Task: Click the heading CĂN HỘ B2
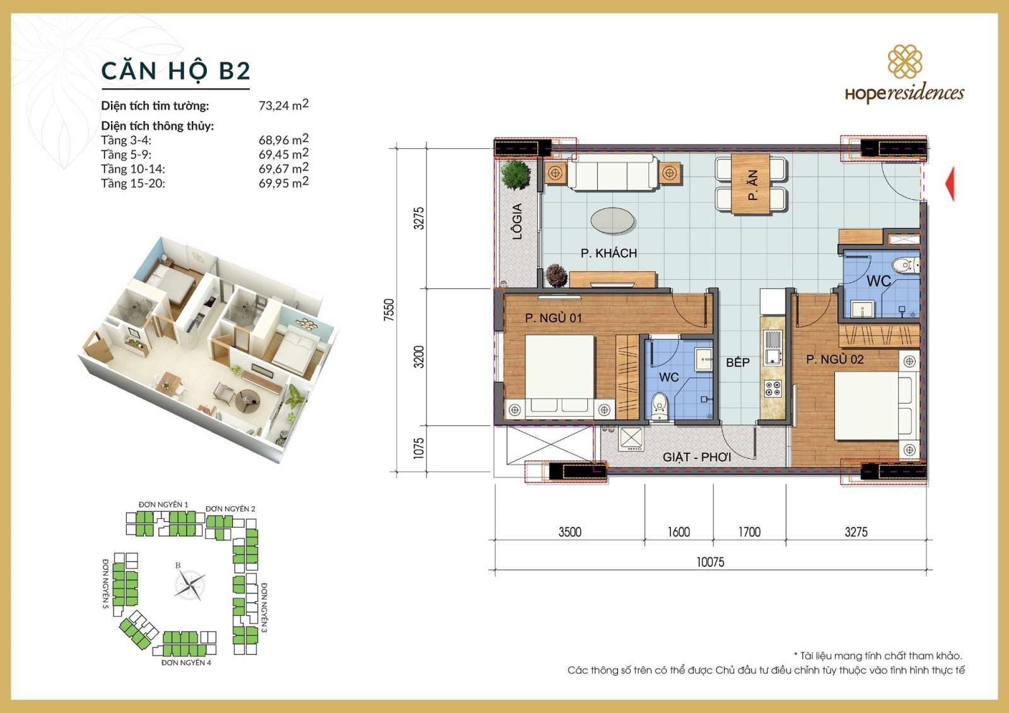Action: click(x=175, y=71)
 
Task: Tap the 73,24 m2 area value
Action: click(x=283, y=105)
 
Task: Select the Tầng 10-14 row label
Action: click(x=132, y=169)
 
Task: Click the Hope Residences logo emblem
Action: click(x=905, y=62)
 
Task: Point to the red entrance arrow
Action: click(x=950, y=183)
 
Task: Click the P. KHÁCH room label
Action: click(x=609, y=253)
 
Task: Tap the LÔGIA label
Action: click(x=517, y=221)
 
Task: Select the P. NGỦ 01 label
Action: click(x=553, y=318)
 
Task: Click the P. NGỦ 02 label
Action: click(x=834, y=359)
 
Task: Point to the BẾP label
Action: click(x=737, y=362)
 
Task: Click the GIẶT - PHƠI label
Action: click(x=696, y=457)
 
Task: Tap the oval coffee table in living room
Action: click(x=612, y=221)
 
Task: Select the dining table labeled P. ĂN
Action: click(x=750, y=184)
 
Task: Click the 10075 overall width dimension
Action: click(x=710, y=562)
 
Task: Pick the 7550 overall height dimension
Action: click(x=388, y=310)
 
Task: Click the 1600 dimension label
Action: click(x=679, y=532)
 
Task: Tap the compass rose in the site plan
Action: click(x=189, y=585)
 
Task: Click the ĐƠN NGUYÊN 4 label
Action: click(x=186, y=663)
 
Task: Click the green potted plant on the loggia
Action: click(x=516, y=175)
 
